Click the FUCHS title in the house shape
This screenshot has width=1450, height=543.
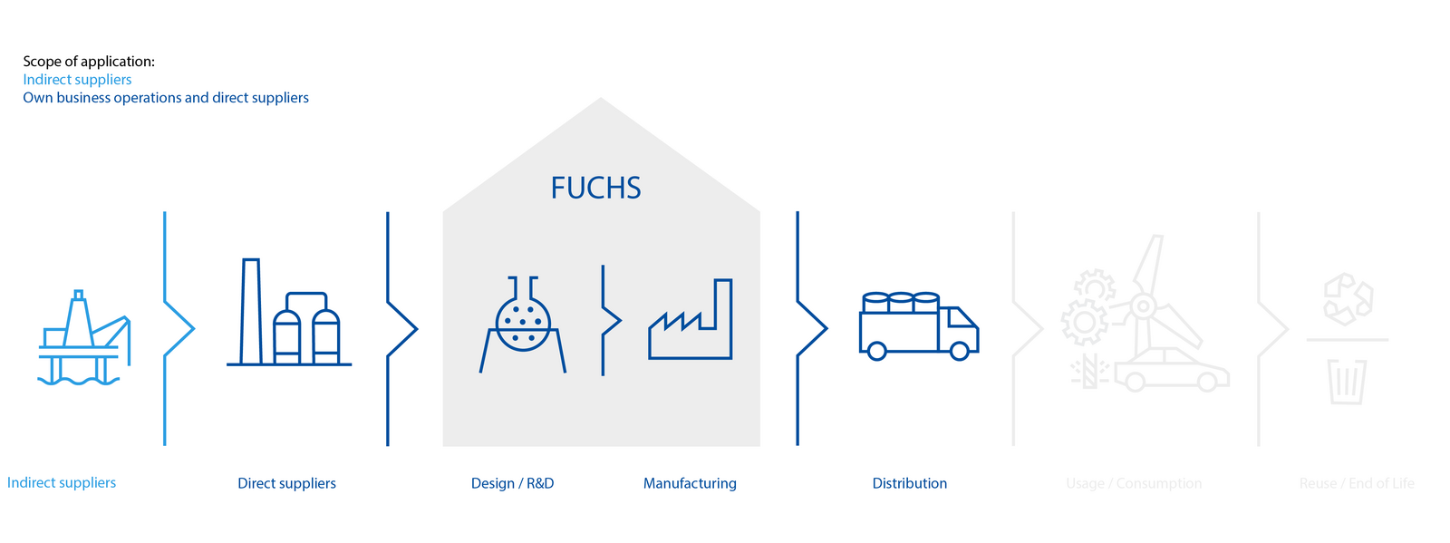[595, 188]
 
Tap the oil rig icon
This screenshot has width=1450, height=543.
[84, 337]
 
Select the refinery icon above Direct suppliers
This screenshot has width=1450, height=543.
[289, 314]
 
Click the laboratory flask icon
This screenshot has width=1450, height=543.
[523, 325]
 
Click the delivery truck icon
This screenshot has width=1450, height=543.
[918, 326]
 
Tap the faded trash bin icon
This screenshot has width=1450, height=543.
[1347, 381]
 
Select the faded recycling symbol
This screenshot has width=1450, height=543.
[1348, 299]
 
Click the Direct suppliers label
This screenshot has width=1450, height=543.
[286, 483]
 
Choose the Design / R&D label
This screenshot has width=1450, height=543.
[512, 483]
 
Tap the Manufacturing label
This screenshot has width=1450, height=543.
[690, 483]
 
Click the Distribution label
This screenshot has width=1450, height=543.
[909, 483]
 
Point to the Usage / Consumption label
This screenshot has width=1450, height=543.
[1134, 483]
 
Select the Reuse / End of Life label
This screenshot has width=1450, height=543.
[1357, 483]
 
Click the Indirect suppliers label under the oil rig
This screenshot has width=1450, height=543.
[62, 482]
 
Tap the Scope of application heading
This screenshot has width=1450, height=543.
[89, 62]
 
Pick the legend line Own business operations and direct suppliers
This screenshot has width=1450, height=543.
[166, 98]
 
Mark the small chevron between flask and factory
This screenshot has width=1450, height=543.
[611, 320]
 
